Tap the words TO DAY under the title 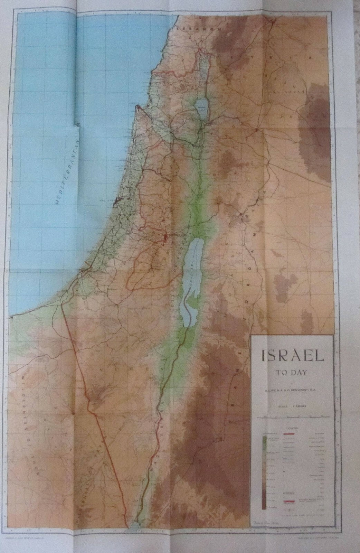(292, 373)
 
